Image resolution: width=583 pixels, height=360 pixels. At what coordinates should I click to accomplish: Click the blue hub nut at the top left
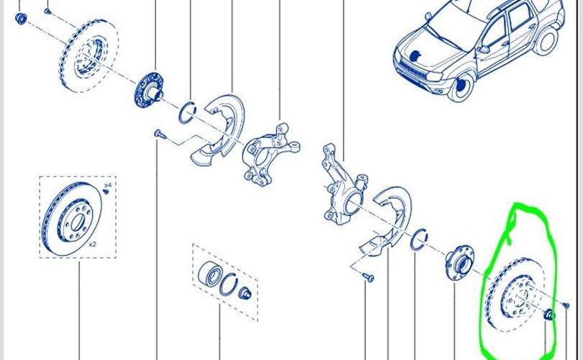coord(21,17)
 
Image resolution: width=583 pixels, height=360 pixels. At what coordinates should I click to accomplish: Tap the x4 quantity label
coord(107,186)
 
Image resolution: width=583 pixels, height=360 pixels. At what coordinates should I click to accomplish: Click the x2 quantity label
coord(92,244)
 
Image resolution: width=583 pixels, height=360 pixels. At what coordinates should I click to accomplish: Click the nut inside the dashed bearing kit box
coord(243,292)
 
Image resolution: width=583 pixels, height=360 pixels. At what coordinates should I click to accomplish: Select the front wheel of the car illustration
coord(461,86)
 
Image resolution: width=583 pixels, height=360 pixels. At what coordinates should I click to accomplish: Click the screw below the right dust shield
coord(367,276)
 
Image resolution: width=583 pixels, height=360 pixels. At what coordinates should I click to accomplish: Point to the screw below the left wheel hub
coord(159,134)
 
